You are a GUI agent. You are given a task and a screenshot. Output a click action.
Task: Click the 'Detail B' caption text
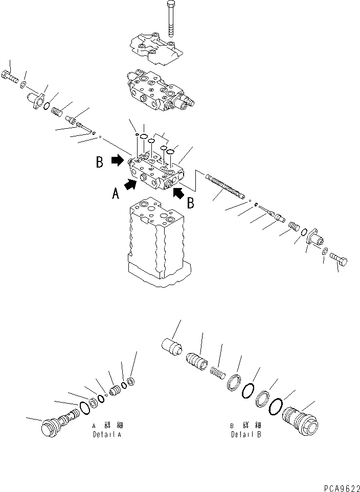(x=246, y=435)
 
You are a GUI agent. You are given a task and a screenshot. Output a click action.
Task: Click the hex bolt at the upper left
(x=10, y=77)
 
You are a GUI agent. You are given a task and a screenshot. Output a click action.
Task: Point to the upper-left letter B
(x=100, y=162)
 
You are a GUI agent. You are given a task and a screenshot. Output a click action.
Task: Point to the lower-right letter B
(x=190, y=203)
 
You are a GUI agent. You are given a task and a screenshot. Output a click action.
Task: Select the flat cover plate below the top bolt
(x=154, y=48)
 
